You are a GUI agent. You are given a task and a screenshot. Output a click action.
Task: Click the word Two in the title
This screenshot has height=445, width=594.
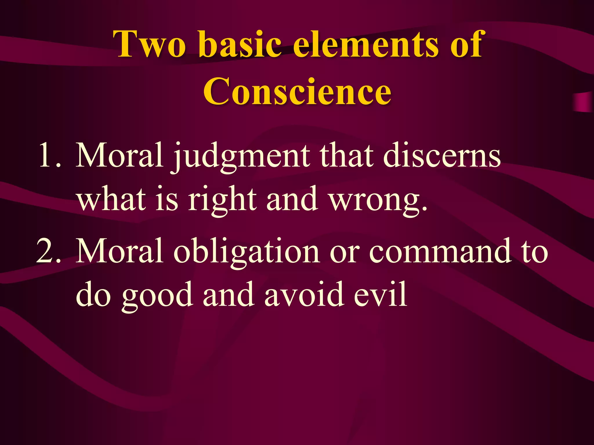click(150, 44)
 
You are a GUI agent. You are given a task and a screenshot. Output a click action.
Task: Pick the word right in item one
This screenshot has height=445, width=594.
click(222, 200)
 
